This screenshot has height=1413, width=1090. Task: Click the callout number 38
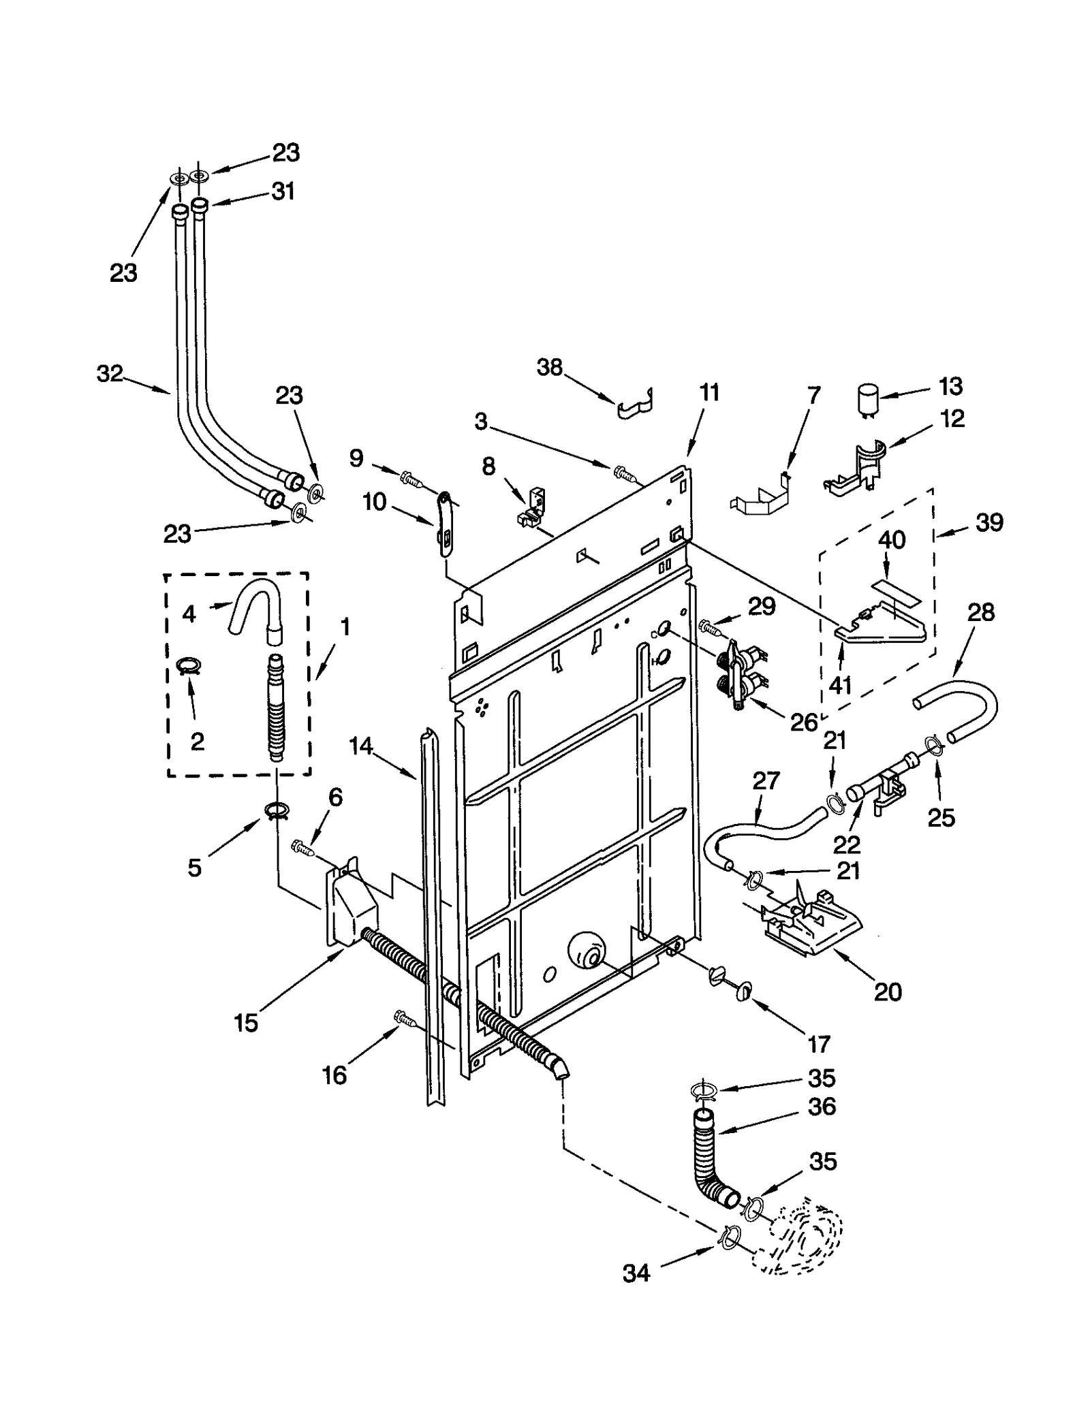click(549, 368)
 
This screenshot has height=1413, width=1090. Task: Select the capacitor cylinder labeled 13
click(867, 399)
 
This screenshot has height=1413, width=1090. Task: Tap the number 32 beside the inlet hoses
click(110, 373)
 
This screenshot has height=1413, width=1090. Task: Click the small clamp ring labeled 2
click(189, 665)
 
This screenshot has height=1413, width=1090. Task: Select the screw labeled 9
click(410, 479)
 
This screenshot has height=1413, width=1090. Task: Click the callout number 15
click(246, 1023)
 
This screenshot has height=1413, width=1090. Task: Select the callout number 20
click(888, 992)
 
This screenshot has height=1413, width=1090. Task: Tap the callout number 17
click(819, 1043)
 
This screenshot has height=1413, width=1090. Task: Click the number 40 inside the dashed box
click(891, 540)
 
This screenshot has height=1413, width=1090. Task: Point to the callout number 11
click(709, 393)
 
